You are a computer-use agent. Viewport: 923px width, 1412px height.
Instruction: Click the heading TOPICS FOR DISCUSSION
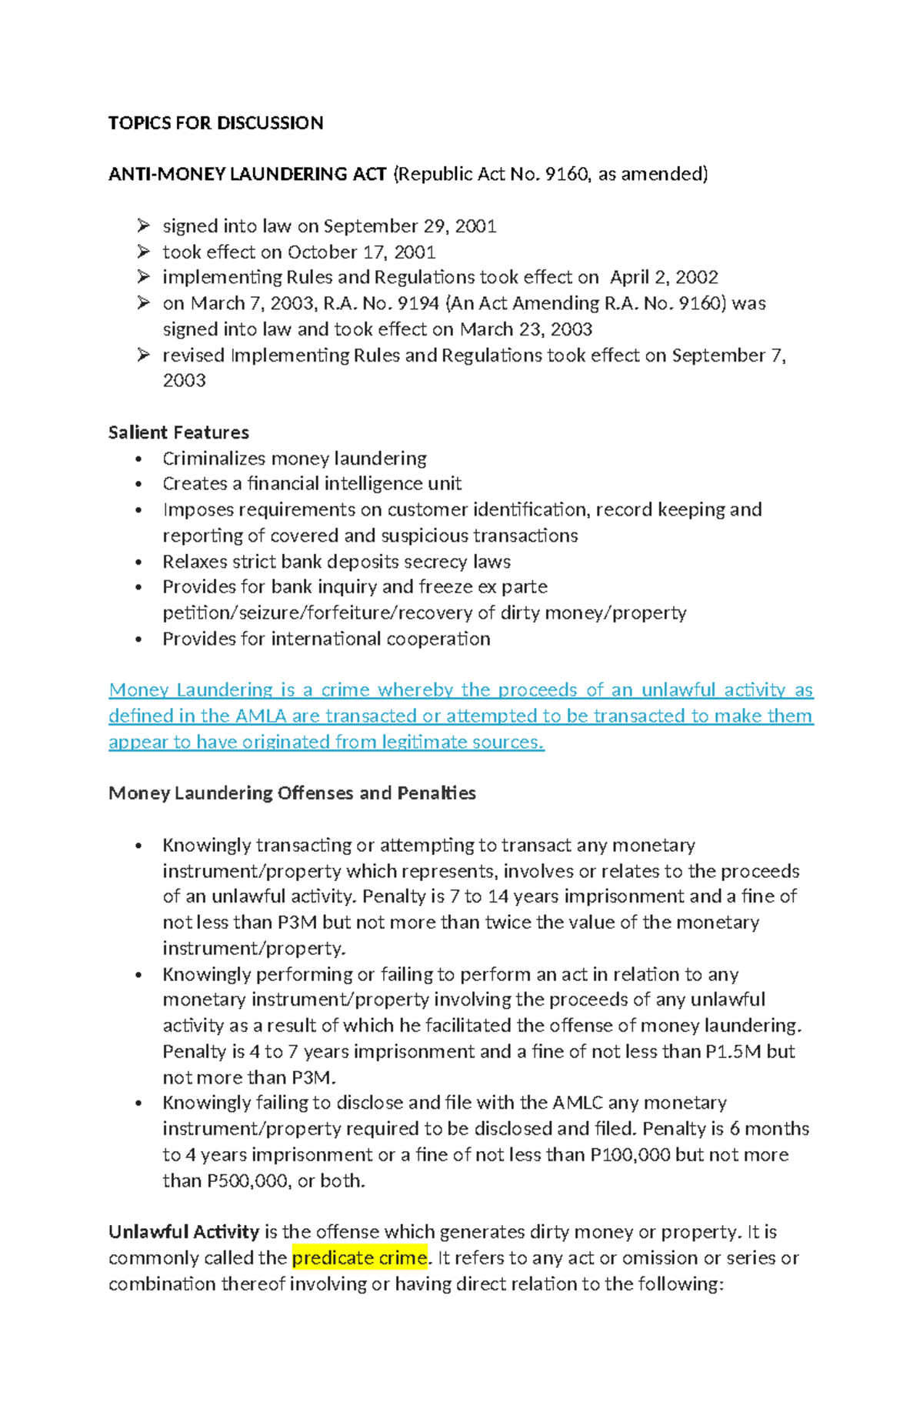(x=215, y=123)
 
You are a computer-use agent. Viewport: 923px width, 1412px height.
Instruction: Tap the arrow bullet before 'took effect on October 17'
(x=143, y=252)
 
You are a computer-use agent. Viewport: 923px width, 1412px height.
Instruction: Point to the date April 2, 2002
(x=664, y=277)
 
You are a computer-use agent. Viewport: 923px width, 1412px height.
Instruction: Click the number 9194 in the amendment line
(x=417, y=303)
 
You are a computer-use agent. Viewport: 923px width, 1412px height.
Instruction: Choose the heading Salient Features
(x=178, y=432)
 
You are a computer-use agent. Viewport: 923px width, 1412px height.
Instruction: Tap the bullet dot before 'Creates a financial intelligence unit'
(x=138, y=485)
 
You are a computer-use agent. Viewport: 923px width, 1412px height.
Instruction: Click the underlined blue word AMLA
(x=261, y=716)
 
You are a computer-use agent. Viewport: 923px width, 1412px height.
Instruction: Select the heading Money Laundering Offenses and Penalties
(x=292, y=793)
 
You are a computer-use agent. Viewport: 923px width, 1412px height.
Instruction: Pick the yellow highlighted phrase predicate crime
(x=359, y=1258)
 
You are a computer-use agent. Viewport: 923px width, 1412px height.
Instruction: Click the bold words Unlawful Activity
(x=183, y=1232)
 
